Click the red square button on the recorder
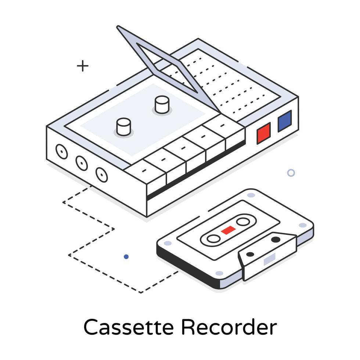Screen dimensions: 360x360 click(263, 133)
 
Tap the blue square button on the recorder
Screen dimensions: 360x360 click(284, 121)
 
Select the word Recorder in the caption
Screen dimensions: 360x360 click(228, 327)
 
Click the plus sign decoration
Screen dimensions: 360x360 click(83, 66)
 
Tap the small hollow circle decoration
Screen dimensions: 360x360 click(291, 173)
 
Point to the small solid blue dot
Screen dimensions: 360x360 click(126, 257)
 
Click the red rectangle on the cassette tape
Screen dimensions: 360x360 click(228, 230)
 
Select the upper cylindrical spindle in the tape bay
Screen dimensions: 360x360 click(161, 104)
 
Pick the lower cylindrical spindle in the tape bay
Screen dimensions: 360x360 click(123, 126)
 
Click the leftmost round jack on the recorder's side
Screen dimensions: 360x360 click(61, 151)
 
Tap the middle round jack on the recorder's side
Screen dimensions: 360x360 click(81, 163)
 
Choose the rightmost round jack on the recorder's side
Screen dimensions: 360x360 click(101, 174)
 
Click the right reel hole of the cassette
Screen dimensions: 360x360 click(242, 222)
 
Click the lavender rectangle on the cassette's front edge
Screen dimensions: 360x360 click(269, 259)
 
